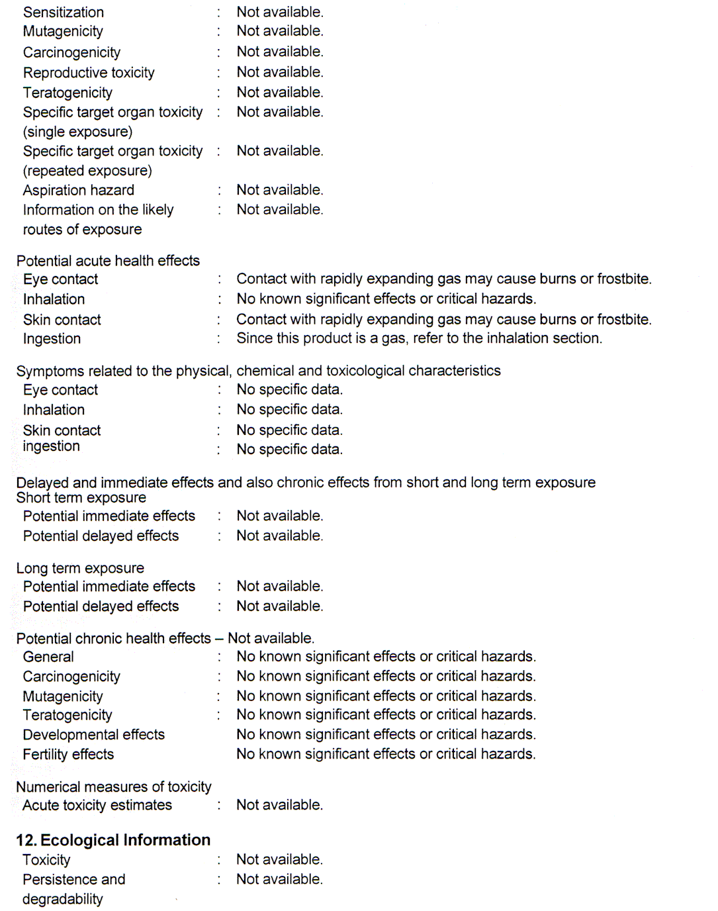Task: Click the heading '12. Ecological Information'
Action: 113,840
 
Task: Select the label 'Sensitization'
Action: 64,12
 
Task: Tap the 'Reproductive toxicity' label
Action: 89,72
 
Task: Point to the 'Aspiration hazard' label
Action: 79,190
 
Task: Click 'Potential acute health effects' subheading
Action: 108,261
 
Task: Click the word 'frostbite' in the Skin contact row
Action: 623,319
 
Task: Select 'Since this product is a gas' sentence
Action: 419,338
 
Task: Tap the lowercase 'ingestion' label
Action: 51,446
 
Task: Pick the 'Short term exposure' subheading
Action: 81,498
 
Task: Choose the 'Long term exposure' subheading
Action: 80,568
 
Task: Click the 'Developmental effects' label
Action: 93,735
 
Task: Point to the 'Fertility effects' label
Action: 68,755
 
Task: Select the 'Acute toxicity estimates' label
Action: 97,805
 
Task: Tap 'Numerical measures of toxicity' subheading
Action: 114,787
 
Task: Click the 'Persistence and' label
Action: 74,879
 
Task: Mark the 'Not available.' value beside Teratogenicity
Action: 280,92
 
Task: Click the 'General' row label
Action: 48,657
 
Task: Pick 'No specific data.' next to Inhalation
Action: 289,409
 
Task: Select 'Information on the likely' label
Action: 98,210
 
